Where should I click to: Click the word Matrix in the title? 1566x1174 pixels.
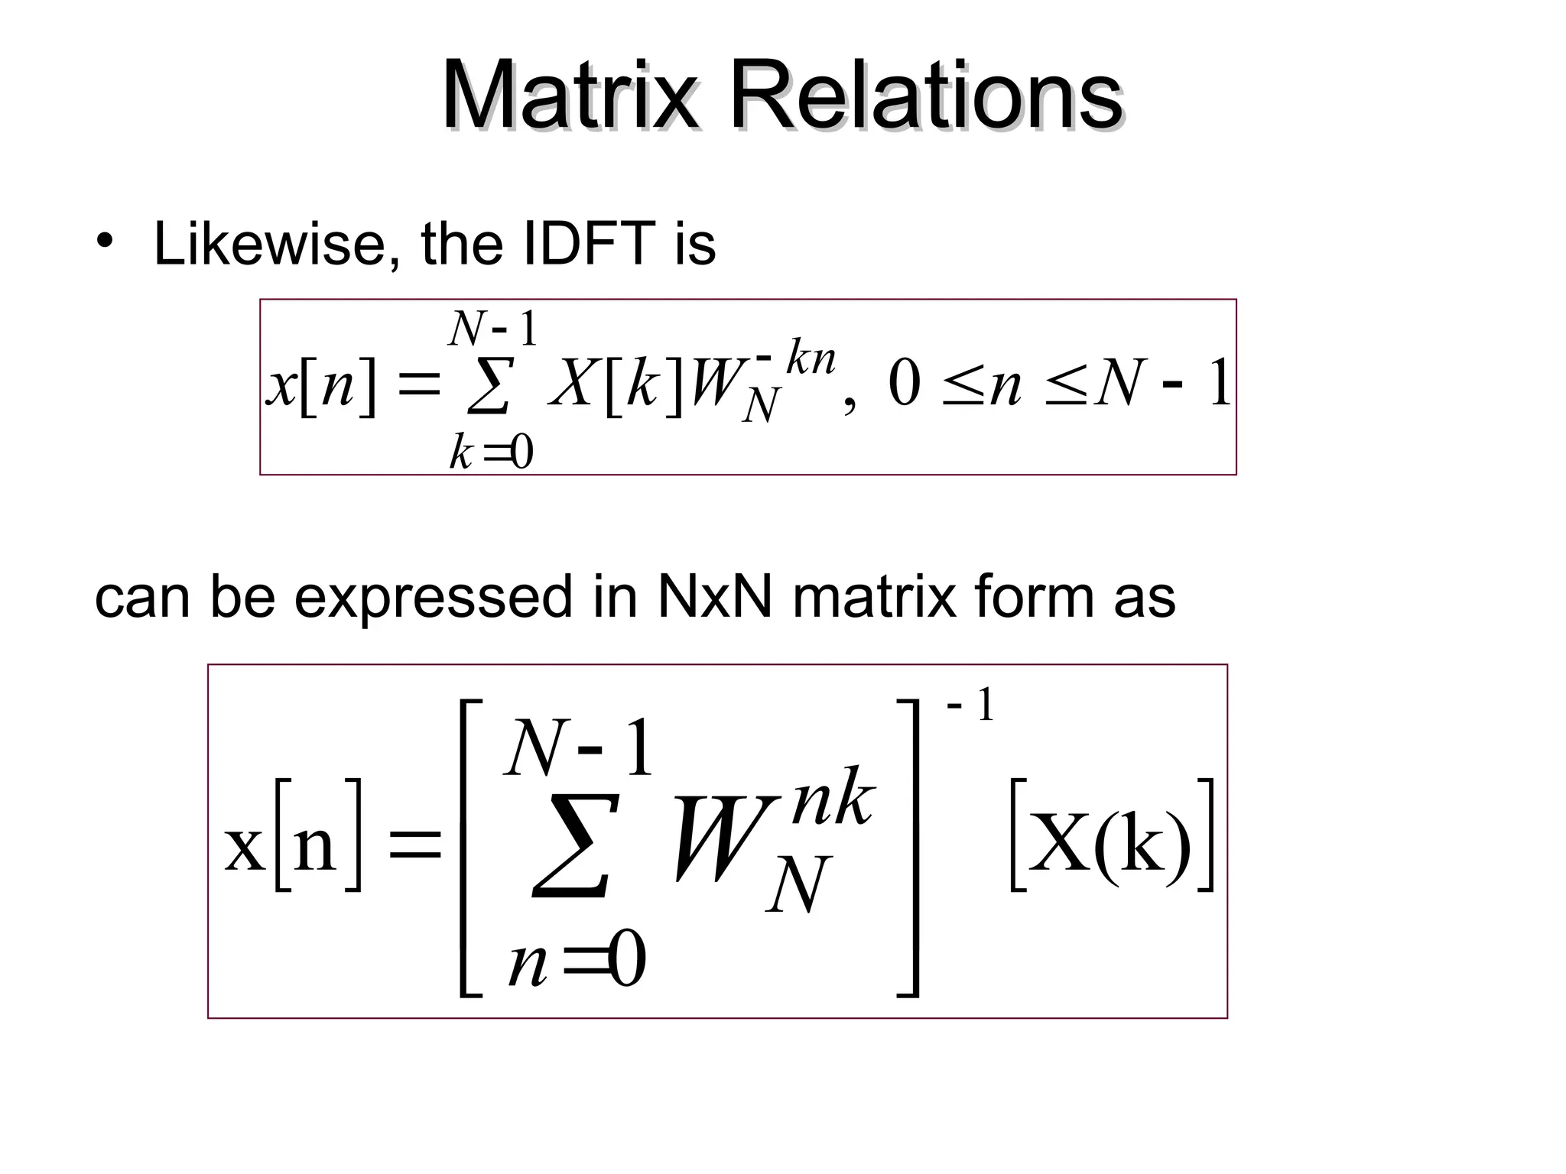[570, 97]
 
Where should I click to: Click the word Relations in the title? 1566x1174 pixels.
[926, 97]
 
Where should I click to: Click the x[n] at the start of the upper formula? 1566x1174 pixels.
[322, 386]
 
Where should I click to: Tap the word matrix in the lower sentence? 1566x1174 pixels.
[875, 598]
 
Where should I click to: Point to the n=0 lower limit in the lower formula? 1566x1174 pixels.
[577, 963]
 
